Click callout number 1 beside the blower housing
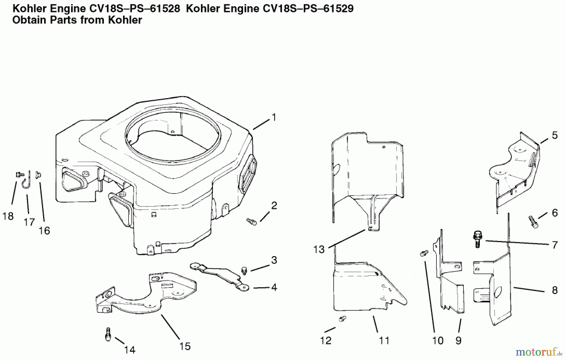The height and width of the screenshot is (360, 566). [274, 118]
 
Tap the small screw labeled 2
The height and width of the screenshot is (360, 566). [252, 222]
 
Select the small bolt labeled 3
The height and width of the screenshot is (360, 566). [244, 270]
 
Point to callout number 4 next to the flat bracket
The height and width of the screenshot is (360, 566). [274, 287]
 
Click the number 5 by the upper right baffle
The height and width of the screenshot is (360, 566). [555, 135]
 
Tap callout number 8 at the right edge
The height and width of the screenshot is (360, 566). [555, 290]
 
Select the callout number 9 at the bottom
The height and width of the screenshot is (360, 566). [458, 340]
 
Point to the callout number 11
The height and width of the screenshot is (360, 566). [384, 340]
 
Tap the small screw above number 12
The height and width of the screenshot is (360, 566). [342, 319]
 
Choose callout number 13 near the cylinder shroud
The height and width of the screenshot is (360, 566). [319, 249]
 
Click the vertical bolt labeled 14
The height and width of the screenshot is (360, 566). [108, 334]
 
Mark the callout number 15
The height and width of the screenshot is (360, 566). [185, 346]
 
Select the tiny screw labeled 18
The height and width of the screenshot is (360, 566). [19, 174]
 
